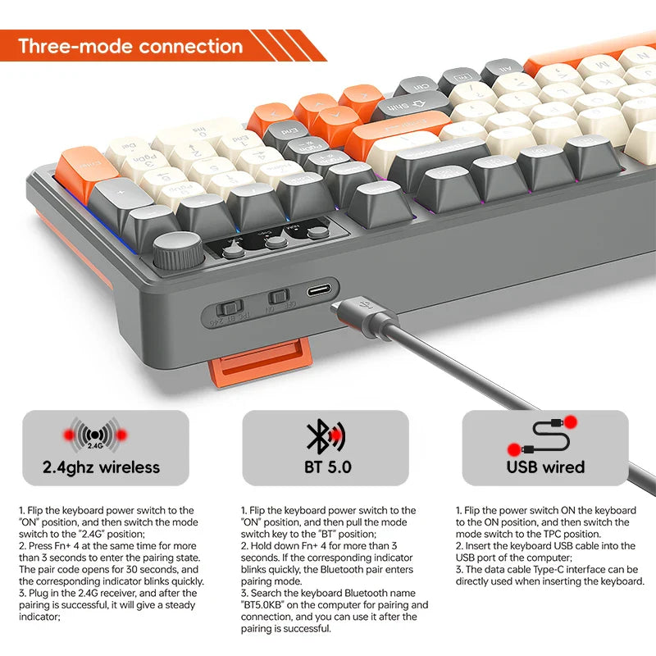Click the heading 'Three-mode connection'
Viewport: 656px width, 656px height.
(x=130, y=46)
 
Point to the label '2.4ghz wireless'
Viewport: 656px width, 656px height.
(x=101, y=467)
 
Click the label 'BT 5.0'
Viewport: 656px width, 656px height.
(x=326, y=467)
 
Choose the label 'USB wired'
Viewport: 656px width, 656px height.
(x=545, y=467)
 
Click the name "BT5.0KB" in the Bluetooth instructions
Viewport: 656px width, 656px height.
(x=263, y=604)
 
